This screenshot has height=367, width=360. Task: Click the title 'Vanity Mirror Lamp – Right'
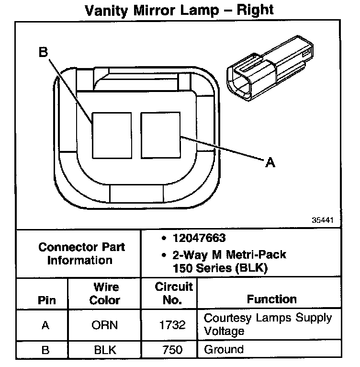pos(180,10)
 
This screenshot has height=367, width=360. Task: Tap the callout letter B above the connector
pos(44,53)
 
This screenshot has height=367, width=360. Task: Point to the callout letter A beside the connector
pos(270,163)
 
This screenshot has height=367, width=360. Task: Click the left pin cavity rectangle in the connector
pos(112,135)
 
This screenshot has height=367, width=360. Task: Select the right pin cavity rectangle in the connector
pos(160,135)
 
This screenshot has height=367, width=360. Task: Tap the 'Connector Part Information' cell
pos(81,254)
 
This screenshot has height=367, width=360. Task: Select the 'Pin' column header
pos(46,300)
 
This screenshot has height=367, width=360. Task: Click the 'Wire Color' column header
pos(105,294)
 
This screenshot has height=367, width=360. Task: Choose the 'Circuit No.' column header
pos(174,294)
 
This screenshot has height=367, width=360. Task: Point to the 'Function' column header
pos(271,299)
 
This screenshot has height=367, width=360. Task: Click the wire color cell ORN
pos(105,325)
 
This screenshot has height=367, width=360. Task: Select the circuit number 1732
pos(172,325)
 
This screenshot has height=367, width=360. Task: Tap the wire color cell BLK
pos(105,350)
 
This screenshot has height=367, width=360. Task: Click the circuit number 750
pos(172,350)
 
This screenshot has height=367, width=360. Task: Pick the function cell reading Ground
pos(224,349)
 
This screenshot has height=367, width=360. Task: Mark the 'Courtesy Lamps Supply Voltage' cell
pos(267,324)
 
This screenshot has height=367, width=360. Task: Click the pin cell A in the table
pos(45,325)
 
